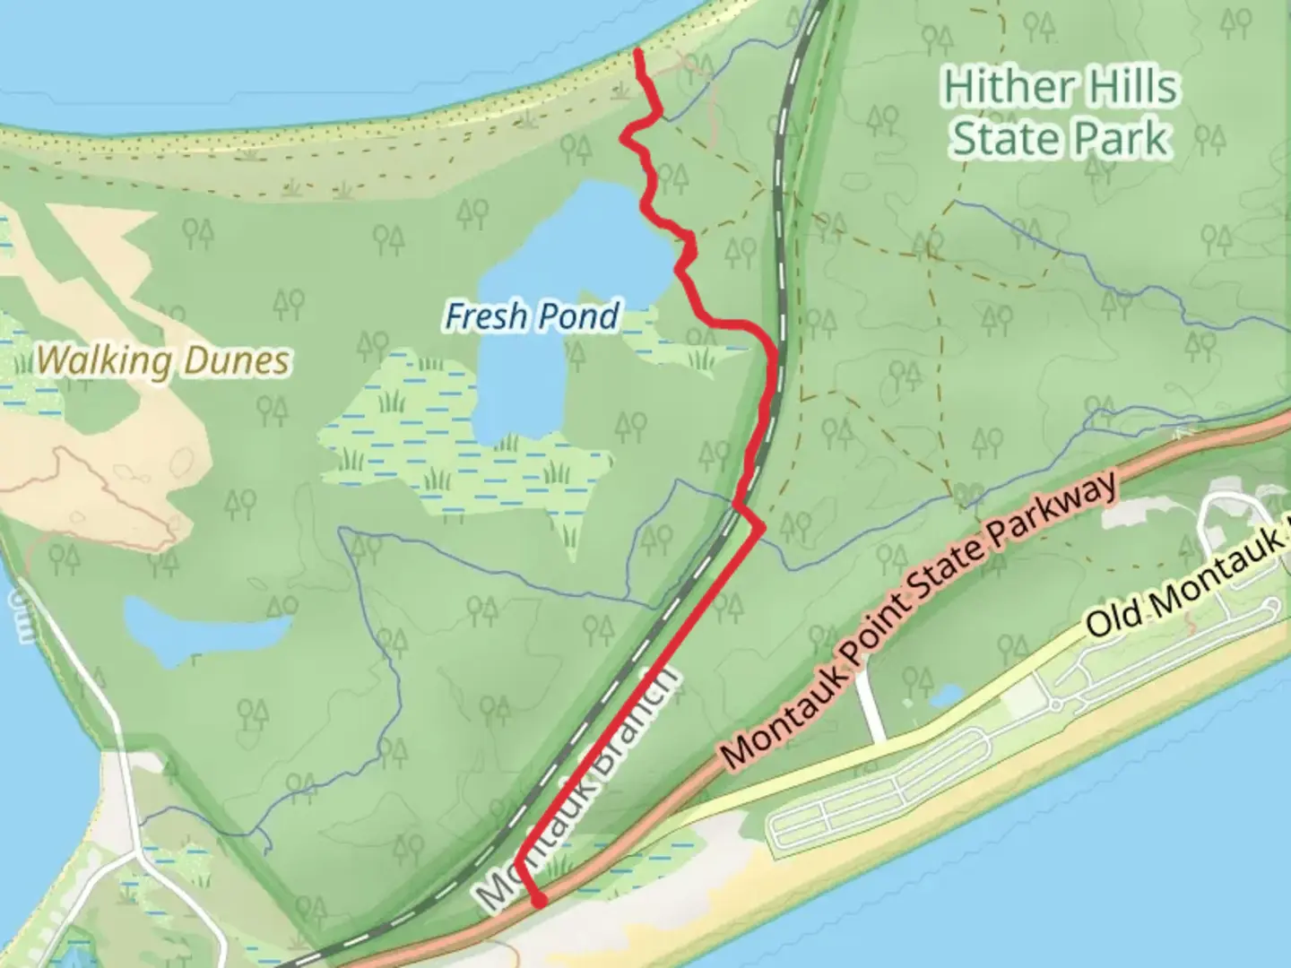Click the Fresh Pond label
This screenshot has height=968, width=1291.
533,316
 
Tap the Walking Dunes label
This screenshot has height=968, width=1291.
164,361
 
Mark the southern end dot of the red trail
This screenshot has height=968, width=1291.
538,901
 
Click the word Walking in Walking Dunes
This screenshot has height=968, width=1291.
104,361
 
